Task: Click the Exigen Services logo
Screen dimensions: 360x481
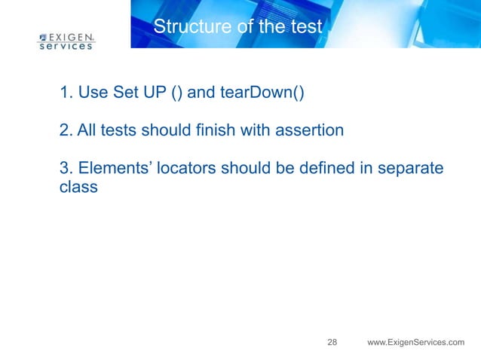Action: pyautogui.click(x=66, y=40)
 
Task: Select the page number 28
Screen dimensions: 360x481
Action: pyautogui.click(x=332, y=343)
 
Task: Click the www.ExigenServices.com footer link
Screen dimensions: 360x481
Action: pyautogui.click(x=415, y=343)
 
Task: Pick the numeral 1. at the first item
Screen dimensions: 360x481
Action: pyautogui.click(x=66, y=93)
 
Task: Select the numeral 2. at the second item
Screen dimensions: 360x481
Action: pyautogui.click(x=66, y=130)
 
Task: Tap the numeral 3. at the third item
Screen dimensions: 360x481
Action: pyautogui.click(x=66, y=167)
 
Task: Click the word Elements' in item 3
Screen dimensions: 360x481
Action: pyautogui.click(x=112, y=167)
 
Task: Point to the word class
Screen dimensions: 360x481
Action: pyautogui.click(x=78, y=186)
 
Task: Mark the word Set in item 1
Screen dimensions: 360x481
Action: pyautogui.click(x=125, y=93)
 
